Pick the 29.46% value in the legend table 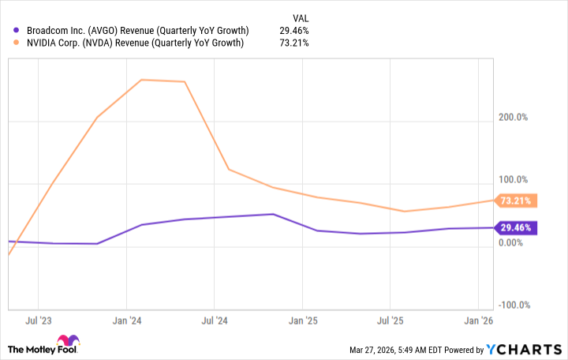(x=293, y=30)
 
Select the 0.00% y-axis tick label (x=512, y=242)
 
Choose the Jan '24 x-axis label (x=126, y=321)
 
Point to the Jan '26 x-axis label (x=478, y=321)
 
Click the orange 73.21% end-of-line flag (x=517, y=201)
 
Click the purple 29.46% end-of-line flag (x=517, y=228)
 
